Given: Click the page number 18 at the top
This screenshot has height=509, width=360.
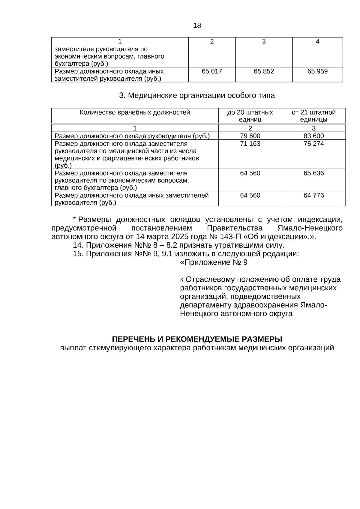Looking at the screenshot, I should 197,26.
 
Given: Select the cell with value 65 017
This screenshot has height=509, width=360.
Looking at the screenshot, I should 212,71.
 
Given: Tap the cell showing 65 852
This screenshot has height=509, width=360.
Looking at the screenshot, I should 264,71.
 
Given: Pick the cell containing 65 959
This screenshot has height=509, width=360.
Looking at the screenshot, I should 317,71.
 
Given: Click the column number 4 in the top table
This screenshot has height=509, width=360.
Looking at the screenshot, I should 317,42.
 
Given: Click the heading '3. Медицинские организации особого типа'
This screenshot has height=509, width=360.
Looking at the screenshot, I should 197,96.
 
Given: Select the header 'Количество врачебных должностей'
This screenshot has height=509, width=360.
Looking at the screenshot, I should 135,112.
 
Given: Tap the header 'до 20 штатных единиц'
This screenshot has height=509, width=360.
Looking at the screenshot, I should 250,116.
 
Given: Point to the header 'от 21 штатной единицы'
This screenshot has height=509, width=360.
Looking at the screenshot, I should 313,116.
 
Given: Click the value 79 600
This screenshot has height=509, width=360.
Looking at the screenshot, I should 250,136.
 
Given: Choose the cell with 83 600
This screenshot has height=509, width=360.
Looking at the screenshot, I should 313,136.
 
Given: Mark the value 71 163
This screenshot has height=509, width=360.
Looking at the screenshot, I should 250,144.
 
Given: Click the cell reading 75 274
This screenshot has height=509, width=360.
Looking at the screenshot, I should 313,144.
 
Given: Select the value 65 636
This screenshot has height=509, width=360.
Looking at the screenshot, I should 313,173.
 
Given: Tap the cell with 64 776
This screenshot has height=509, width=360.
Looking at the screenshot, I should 313,196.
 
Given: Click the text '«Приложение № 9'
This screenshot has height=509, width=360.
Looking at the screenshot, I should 214,263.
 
